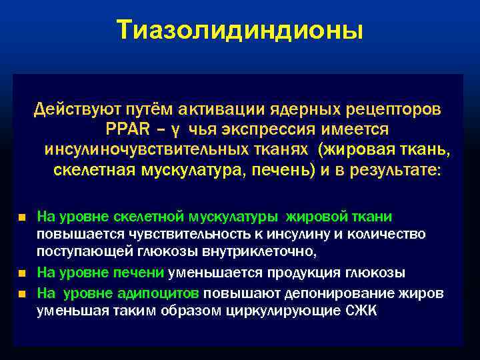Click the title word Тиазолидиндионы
[x=240, y=29]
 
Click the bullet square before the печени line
[x=22, y=274]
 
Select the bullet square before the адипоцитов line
[x=22, y=293]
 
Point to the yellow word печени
[x=147, y=273]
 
